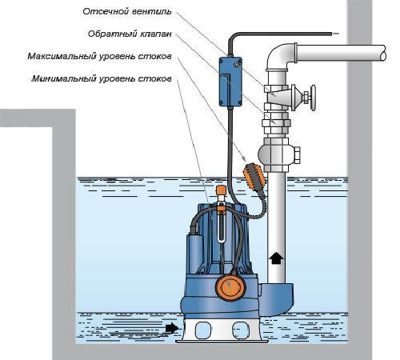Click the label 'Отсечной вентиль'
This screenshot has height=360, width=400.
click(127, 11)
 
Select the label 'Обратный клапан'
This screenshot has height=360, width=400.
click(130, 34)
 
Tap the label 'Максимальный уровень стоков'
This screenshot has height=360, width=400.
click(99, 57)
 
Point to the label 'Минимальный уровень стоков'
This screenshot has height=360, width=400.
click(102, 79)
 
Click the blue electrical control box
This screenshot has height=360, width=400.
click(230, 82)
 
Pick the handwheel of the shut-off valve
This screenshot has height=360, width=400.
click(313, 98)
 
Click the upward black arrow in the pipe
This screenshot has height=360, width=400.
click(276, 258)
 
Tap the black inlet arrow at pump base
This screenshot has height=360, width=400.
click(171, 328)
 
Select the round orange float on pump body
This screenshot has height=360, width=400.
click(230, 287)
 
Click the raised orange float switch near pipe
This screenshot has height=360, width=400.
click(254, 176)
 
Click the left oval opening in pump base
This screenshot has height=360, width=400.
click(203, 330)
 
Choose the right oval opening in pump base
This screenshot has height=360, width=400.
click(241, 330)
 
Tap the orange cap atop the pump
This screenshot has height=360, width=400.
click(221, 190)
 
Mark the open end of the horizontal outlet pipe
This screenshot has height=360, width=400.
click(383, 53)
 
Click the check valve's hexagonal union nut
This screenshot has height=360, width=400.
click(276, 123)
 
